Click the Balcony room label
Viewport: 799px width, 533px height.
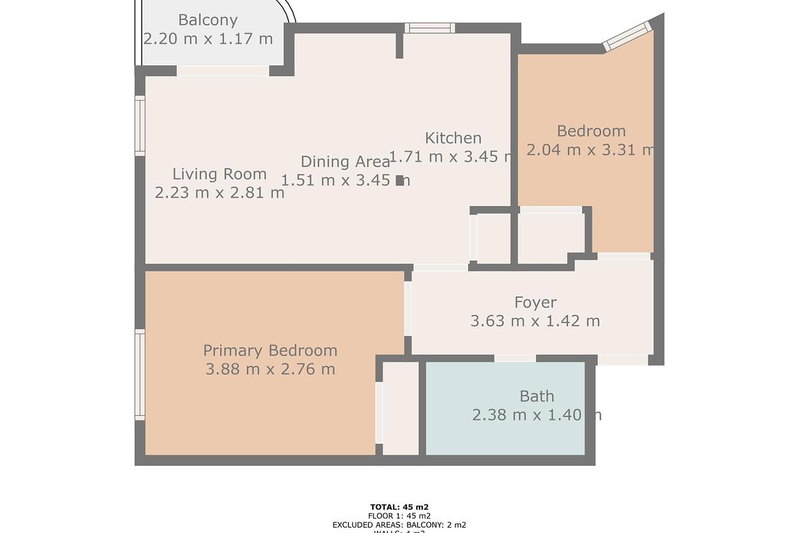pyautogui.click(x=208, y=21)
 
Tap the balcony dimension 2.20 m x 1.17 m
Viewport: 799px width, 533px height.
pyautogui.click(x=208, y=39)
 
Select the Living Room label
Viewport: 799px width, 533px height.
pyautogui.click(x=219, y=175)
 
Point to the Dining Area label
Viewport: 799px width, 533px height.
pyautogui.click(x=345, y=161)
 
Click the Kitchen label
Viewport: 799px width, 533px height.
pyautogui.click(x=453, y=138)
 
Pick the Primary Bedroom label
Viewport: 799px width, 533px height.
pyautogui.click(x=270, y=350)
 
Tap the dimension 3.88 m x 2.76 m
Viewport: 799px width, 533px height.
pyautogui.click(x=270, y=369)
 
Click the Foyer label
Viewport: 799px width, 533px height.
pyautogui.click(x=535, y=303)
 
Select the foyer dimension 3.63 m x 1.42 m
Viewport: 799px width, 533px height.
pyautogui.click(x=535, y=321)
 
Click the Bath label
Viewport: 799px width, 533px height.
pyautogui.click(x=537, y=396)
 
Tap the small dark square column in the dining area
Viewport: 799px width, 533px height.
pyautogui.click(x=400, y=180)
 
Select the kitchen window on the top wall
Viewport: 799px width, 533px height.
pyautogui.click(x=429, y=28)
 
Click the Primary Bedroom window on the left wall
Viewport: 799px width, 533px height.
pyautogui.click(x=140, y=374)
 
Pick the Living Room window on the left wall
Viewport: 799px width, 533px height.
pyautogui.click(x=140, y=126)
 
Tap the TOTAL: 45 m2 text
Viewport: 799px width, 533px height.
pyautogui.click(x=400, y=507)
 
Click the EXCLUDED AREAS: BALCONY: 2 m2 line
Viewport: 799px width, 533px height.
pyautogui.click(x=400, y=525)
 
